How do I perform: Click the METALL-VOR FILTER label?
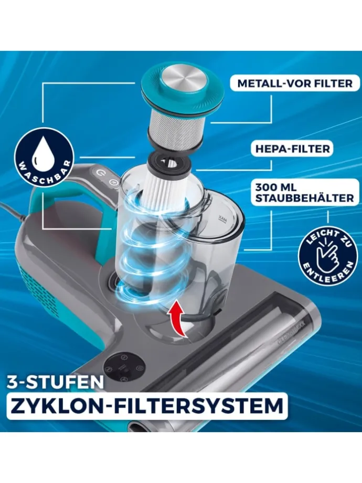click(295, 83)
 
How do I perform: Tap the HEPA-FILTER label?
click(292, 149)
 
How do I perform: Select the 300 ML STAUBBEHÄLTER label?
click(305, 193)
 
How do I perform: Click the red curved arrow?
click(177, 318)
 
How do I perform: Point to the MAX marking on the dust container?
click(222, 218)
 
